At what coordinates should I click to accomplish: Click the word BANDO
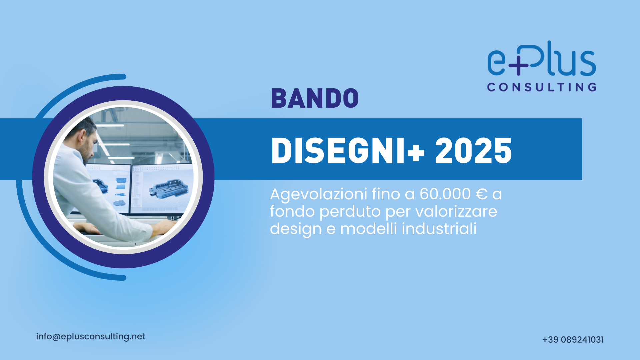click(315, 98)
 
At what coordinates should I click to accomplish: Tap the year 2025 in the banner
click(473, 151)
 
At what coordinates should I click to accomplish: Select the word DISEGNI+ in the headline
click(348, 151)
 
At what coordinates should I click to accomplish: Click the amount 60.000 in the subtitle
click(445, 194)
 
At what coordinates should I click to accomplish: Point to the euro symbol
click(482, 194)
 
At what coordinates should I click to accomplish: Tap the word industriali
click(439, 229)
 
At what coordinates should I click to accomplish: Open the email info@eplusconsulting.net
click(91, 337)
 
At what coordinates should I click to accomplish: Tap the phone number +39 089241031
click(573, 340)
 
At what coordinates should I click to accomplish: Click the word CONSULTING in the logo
click(542, 87)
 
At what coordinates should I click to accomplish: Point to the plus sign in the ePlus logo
click(517, 65)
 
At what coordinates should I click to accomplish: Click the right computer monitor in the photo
click(162, 188)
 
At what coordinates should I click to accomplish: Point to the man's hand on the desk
click(165, 226)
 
